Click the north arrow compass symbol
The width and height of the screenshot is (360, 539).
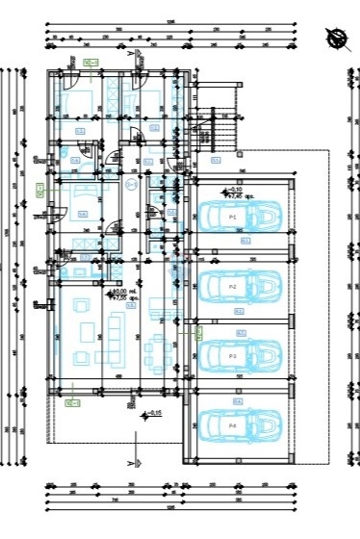point(337,38)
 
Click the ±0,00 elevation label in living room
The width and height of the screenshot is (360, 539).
point(125,293)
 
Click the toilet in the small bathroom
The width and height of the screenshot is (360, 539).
point(62,153)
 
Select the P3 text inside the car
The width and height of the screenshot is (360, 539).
point(233,356)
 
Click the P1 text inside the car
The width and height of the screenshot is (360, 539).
point(233,218)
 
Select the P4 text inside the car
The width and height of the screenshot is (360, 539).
point(233,424)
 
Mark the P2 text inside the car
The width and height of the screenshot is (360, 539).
point(233,287)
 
